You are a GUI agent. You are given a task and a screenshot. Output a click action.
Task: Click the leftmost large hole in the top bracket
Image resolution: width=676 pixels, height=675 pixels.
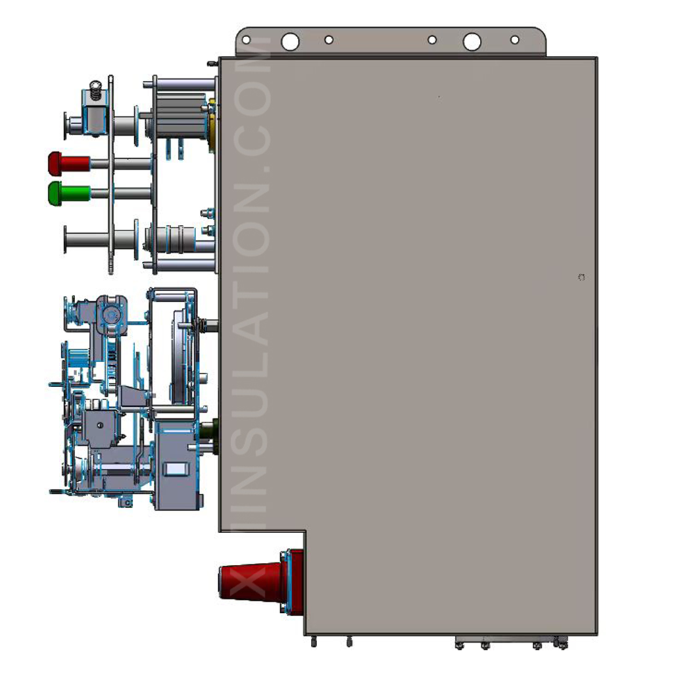tap(290, 42)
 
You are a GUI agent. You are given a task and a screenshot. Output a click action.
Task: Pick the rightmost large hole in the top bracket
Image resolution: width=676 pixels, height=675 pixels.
tap(472, 42)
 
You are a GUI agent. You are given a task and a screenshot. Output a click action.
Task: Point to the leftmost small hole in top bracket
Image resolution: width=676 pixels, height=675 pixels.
tap(246, 39)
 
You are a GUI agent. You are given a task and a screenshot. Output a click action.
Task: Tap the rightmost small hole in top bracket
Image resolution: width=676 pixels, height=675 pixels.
tap(514, 40)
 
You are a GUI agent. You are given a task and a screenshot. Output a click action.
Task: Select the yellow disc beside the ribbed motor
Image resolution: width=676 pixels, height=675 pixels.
tap(212, 122)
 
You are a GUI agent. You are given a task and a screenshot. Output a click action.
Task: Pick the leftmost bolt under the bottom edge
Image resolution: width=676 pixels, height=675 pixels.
tap(313, 640)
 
